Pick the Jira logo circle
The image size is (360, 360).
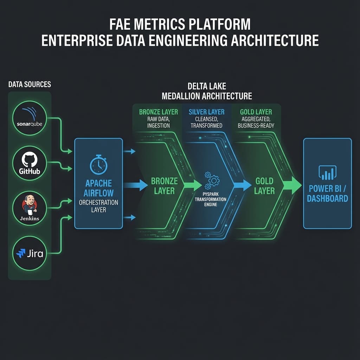30,253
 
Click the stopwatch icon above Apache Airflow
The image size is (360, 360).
98,164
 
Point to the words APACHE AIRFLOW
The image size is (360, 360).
98,188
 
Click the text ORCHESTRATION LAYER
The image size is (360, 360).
98,206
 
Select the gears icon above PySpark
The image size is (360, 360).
212,180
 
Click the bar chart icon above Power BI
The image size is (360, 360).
327,173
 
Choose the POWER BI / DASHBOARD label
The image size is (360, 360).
327,194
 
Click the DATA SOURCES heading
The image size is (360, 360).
30,84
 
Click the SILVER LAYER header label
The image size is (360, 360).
206,112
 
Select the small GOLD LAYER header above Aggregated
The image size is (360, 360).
256,112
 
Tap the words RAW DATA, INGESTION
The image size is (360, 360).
159,122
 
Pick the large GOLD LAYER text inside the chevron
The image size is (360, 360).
264,186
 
